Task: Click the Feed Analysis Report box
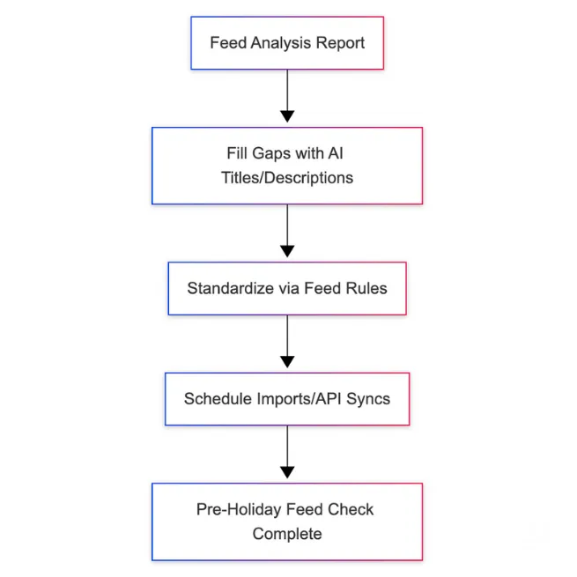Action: coord(287,42)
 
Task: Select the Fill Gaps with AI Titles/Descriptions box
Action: coord(287,166)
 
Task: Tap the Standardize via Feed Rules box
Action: coord(287,288)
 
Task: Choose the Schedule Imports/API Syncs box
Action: coord(287,398)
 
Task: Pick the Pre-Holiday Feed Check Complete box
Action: coord(287,521)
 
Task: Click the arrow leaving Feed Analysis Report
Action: coord(287,97)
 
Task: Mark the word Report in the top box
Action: coord(342,42)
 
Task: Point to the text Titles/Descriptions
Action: coord(287,178)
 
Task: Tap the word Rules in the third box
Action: coord(366,288)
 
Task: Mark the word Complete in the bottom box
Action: coord(287,534)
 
